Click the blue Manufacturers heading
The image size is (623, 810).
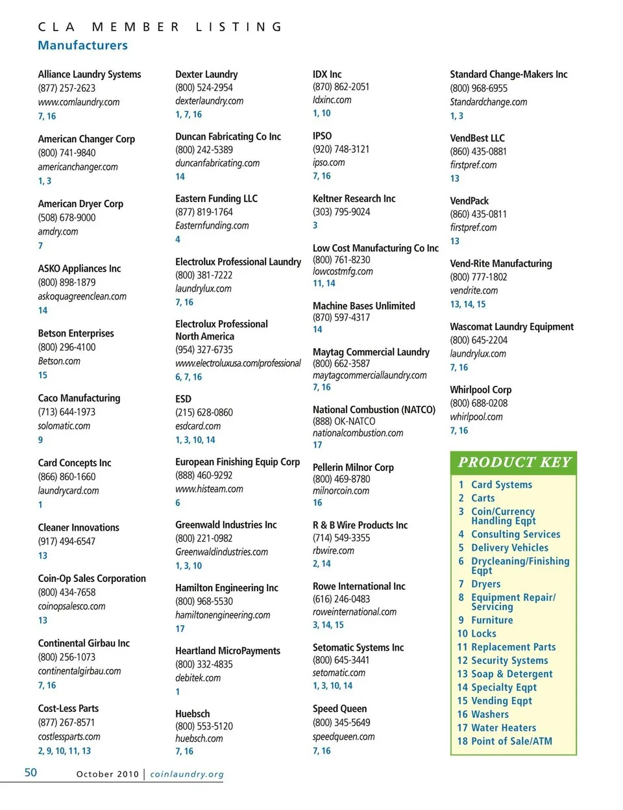point(82,45)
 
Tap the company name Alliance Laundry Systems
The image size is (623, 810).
point(90,74)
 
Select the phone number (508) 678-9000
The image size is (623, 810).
point(66,218)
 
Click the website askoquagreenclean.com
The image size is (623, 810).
point(82,296)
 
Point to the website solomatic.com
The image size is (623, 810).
point(64,426)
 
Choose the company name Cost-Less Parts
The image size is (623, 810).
point(68,708)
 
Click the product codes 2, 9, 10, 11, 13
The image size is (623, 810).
point(64,751)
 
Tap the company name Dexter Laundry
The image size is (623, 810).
point(206,74)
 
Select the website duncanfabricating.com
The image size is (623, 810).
point(217,163)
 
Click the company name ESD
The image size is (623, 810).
point(183,399)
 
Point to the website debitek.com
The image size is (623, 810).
point(198,678)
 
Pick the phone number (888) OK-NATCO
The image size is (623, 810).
point(344,422)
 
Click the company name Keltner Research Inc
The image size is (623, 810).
point(354,199)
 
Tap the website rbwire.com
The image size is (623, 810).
point(334,551)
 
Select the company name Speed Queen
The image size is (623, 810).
point(339,709)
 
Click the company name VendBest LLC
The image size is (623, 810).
point(477,138)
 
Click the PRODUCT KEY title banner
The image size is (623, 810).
point(514,462)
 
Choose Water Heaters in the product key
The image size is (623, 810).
point(503,728)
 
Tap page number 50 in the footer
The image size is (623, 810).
point(31,772)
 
